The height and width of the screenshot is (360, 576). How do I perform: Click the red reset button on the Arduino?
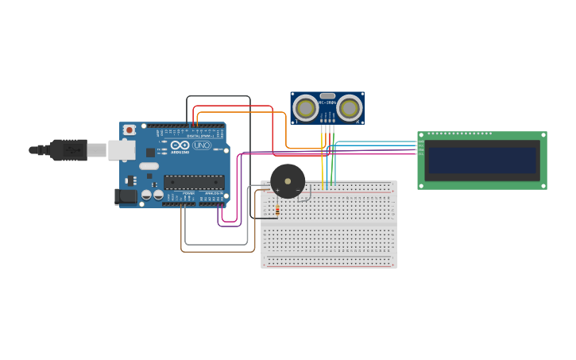coord(129,130)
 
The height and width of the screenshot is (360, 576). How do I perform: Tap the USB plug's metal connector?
coord(96,149)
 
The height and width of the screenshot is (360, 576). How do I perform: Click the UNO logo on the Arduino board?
coord(200,145)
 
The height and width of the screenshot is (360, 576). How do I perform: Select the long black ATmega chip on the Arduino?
coord(194,182)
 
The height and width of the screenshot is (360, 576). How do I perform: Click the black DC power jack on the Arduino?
coord(126,196)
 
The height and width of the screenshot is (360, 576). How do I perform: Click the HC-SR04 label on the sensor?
coord(327,103)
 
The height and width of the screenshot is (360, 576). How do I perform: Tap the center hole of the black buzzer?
coord(288,181)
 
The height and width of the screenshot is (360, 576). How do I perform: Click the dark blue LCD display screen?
coord(482,160)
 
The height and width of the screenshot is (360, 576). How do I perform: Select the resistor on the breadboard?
coord(276,210)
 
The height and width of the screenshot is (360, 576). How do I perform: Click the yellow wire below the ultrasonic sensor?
coord(323,159)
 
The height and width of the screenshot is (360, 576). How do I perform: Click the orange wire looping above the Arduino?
coord(238,112)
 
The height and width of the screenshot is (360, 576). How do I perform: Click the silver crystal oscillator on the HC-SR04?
coord(327,95)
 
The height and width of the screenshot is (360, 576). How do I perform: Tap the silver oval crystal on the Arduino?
coord(149,166)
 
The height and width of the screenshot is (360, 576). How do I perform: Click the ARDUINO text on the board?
coord(180,152)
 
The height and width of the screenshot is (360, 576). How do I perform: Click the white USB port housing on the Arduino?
coord(121,149)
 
